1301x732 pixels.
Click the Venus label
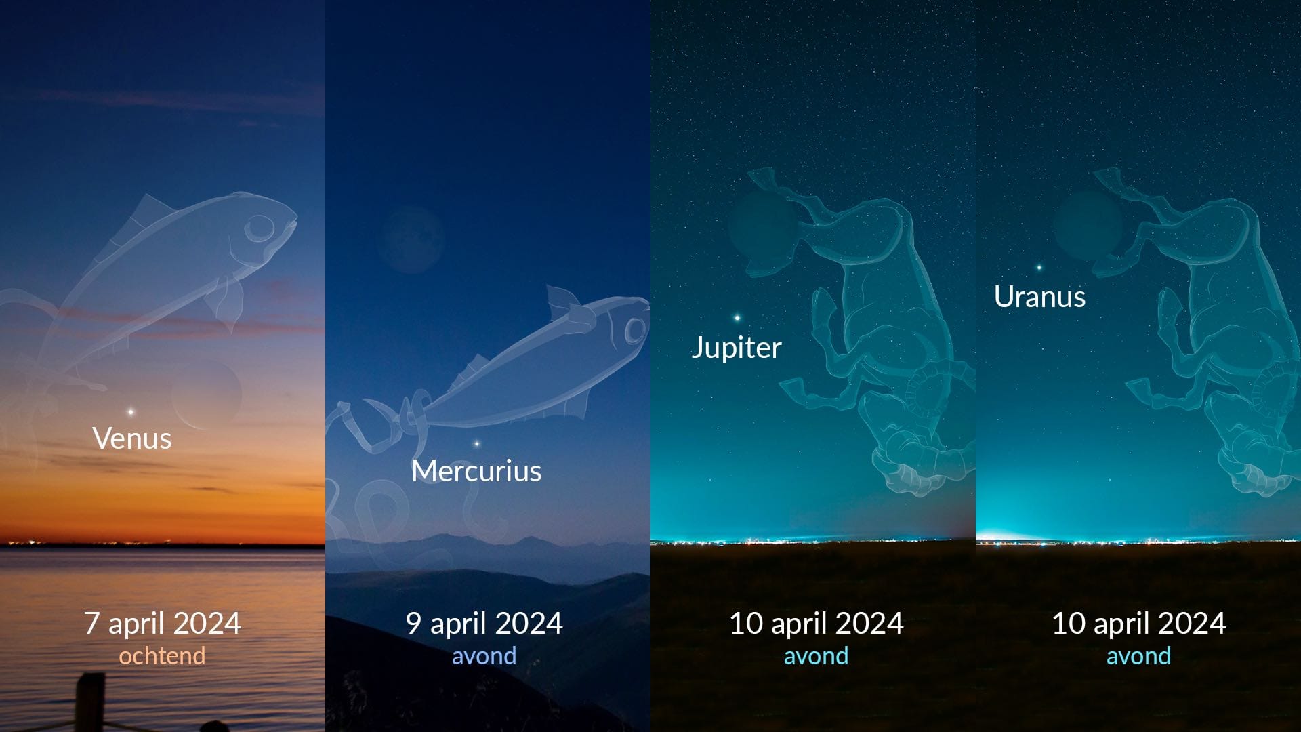click(132, 439)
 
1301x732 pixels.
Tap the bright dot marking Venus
click(131, 411)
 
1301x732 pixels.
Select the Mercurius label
click(476, 471)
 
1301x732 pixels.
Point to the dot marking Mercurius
click(477, 444)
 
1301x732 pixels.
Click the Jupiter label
click(737, 348)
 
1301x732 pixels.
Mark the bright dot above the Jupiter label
click(737, 317)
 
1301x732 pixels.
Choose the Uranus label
click(1039, 297)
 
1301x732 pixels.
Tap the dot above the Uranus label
click(1039, 268)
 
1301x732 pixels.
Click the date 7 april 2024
click(163, 624)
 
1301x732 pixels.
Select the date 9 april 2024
click(484, 624)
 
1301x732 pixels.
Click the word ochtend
click(162, 656)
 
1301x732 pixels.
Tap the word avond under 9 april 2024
click(484, 656)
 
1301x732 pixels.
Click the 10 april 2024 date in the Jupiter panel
click(816, 624)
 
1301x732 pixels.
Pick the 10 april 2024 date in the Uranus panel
click(1138, 624)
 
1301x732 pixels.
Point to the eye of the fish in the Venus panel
click(260, 228)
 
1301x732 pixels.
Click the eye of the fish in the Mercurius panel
click(636, 331)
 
